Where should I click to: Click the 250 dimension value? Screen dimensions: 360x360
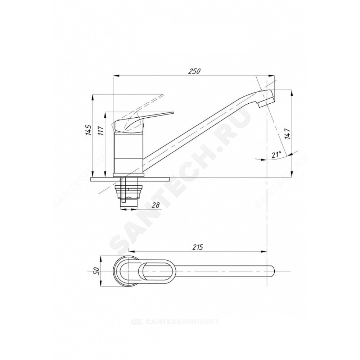point(194,71)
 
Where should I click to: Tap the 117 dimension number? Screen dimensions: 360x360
point(102,131)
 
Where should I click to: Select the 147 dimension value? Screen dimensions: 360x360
point(288,134)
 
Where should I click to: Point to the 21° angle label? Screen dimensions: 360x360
point(276,154)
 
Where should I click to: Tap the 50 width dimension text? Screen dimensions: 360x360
point(96,271)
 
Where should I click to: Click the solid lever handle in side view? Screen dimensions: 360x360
point(142,121)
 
